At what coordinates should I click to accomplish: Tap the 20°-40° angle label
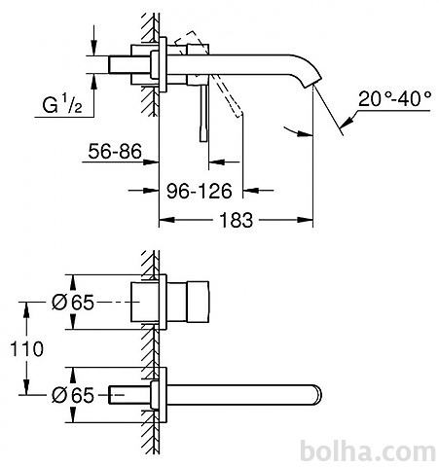pos(395,98)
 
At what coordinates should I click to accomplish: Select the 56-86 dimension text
pos(115,151)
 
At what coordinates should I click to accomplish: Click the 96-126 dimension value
pos(200,191)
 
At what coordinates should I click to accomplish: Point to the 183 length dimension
pos(237,220)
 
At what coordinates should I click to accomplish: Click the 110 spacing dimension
pos(26,349)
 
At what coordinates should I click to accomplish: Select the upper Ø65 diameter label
pos(73,303)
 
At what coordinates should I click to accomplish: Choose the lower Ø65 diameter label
pos(73,395)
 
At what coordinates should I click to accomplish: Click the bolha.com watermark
pos(368,451)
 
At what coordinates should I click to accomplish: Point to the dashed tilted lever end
pos(238,114)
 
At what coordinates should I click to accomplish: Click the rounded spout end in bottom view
pos(317,395)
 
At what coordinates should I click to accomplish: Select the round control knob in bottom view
pos(198,303)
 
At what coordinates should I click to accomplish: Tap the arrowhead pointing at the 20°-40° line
pos(348,122)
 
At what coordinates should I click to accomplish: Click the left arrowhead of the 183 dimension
pos(166,220)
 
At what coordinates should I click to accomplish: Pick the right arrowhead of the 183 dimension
pos(305,220)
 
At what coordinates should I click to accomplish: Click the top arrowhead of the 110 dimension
pos(26,310)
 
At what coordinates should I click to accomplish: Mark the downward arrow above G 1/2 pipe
pos(93,40)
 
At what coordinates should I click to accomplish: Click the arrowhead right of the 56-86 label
pos(151,162)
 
